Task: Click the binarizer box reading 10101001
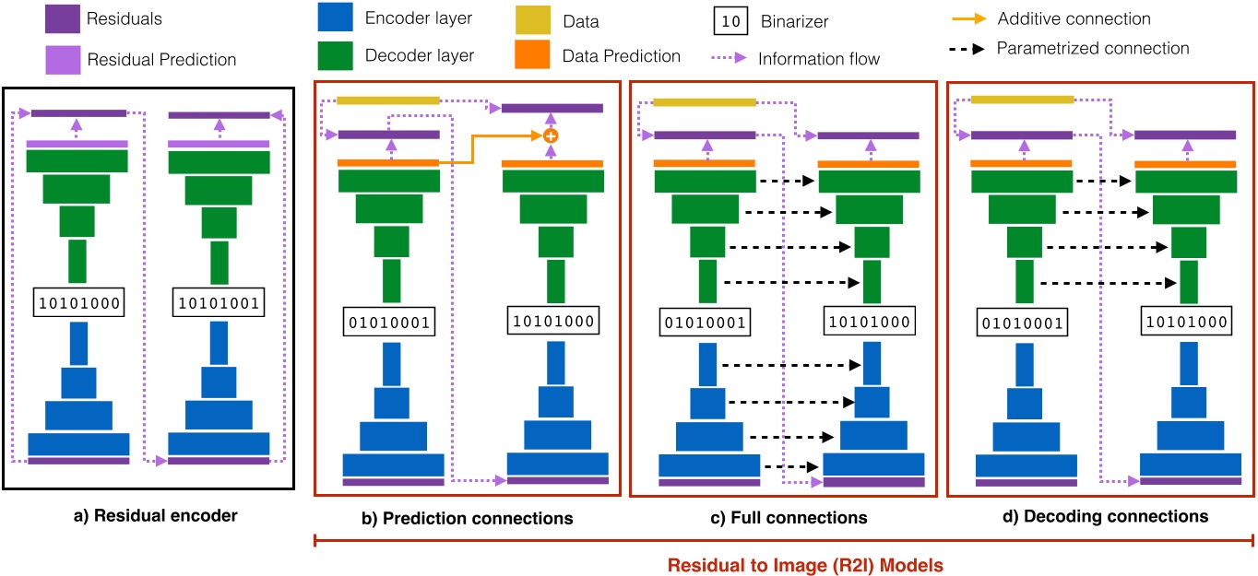(x=219, y=300)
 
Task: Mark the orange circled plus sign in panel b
(x=551, y=135)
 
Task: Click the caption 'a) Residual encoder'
(x=156, y=515)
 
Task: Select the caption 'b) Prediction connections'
(x=468, y=518)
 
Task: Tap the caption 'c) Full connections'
(x=783, y=518)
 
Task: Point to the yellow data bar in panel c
(x=705, y=101)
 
